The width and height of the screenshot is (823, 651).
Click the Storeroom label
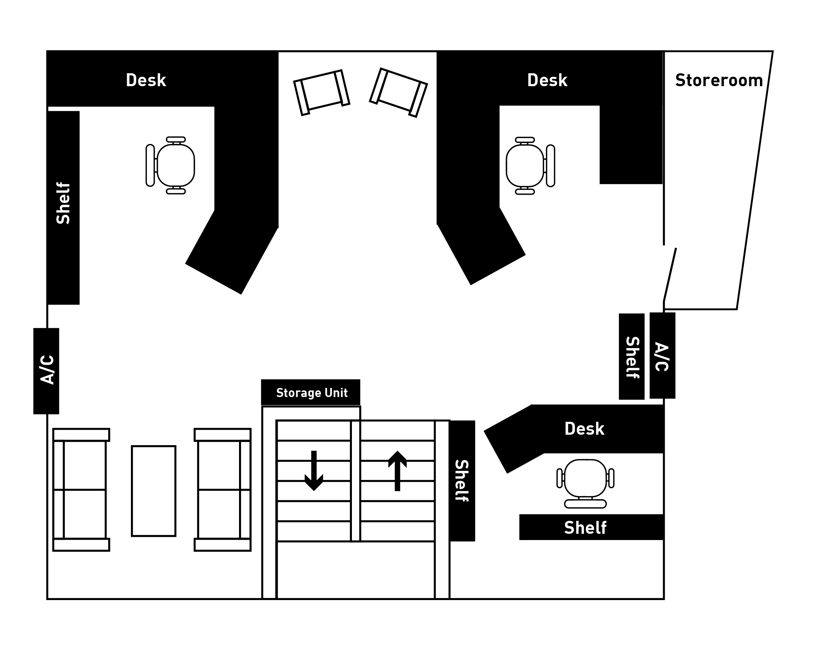click(719, 81)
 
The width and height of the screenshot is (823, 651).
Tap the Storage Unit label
click(312, 392)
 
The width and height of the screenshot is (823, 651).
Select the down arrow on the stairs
click(314, 471)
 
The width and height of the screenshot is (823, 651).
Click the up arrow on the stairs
click(397, 471)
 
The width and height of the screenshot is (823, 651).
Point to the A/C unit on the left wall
click(46, 371)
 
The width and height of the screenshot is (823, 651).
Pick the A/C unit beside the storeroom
click(662, 356)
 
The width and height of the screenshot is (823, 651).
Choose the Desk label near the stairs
click(584, 429)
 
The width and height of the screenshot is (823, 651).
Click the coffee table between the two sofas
click(153, 491)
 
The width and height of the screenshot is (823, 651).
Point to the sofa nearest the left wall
click(81, 490)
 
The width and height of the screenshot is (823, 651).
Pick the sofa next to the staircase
click(223, 490)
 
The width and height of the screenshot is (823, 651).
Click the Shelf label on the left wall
click(63, 203)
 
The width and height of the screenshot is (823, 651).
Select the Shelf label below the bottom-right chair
click(585, 527)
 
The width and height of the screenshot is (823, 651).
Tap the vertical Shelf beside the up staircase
click(462, 481)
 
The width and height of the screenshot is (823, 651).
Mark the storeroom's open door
click(670, 275)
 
